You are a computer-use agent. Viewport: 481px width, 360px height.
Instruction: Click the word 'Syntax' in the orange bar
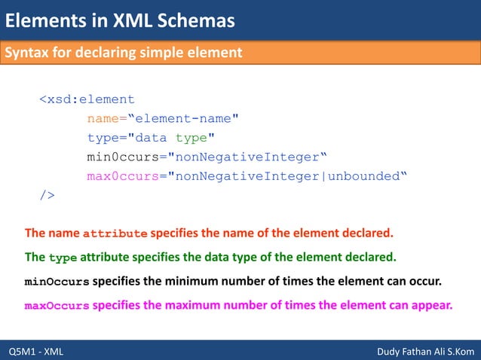coord(29,53)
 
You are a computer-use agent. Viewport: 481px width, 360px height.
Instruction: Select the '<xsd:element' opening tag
coord(87,99)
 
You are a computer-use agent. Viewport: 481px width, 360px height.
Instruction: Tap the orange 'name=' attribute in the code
coord(106,118)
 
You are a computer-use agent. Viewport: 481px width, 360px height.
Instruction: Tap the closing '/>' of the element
coord(47,196)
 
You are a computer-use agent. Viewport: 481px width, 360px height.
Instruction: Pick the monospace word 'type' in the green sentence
coord(63,258)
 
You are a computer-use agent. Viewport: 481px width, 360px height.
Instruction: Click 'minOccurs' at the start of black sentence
coord(57,282)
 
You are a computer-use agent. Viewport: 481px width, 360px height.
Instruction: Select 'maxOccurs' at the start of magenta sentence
coord(57,307)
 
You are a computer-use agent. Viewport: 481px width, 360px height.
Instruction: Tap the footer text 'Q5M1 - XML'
coord(36,351)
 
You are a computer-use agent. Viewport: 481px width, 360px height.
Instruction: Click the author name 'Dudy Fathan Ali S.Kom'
coord(424,351)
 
